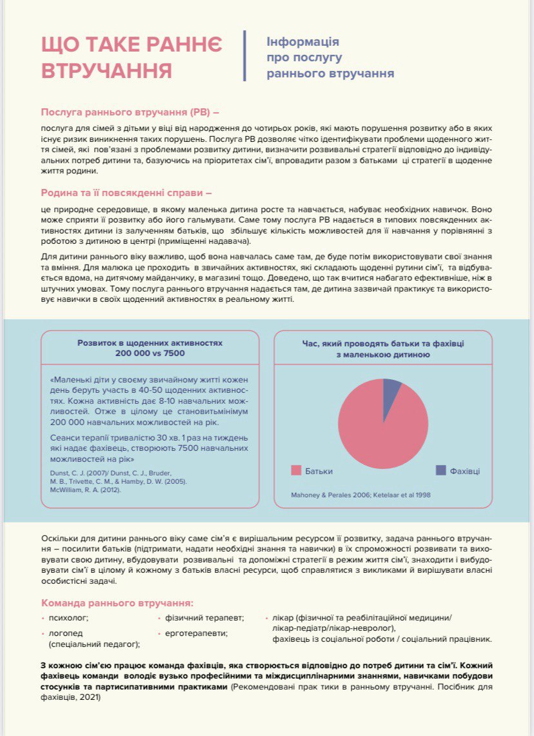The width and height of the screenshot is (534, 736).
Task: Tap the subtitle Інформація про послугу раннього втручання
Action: coord(330,57)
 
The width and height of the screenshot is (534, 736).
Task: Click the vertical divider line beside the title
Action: coord(245,55)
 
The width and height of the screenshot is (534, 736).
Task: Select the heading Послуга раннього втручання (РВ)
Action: coord(130,111)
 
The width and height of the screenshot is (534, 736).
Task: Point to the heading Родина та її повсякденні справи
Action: coord(126,192)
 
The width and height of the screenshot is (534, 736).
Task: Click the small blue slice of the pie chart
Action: coord(391,391)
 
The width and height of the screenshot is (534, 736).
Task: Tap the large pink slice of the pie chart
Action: coord(377,429)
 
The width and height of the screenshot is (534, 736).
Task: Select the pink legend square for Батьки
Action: coord(297,470)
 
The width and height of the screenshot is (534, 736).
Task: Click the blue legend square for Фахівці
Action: coord(440,470)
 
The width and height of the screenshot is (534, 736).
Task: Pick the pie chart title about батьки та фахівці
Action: coord(382,349)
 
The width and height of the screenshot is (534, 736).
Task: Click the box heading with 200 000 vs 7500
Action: coord(150,349)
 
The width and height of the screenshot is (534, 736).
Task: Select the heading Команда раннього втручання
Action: coord(117,602)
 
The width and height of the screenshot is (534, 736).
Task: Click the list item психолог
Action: coord(68,618)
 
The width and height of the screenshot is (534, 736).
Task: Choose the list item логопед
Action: coord(66,633)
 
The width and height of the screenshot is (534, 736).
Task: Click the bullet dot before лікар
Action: coord(266,618)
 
